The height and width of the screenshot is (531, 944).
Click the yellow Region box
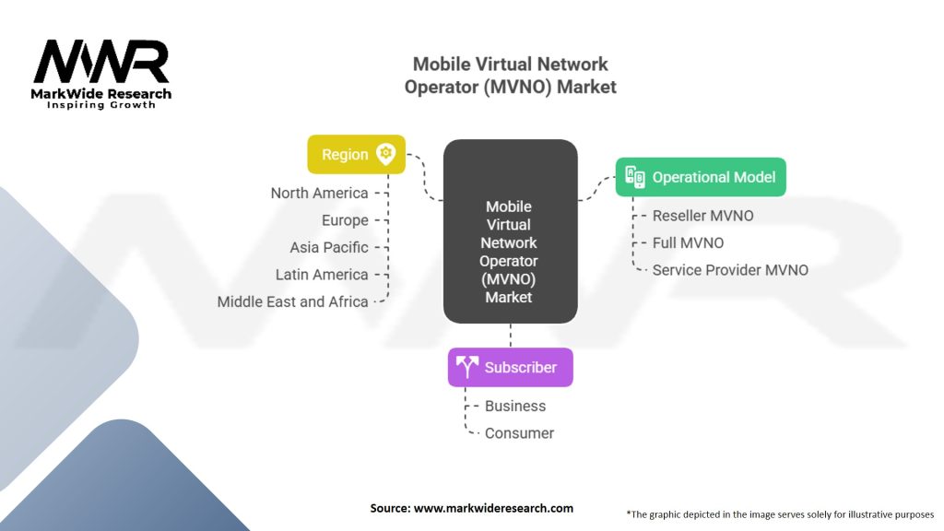pos(356,155)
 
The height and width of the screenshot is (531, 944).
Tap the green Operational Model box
pos(701,177)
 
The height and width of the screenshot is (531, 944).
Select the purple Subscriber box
pos(510,367)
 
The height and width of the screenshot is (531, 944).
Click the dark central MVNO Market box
pos(510,232)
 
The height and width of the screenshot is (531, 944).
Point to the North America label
pos(319,194)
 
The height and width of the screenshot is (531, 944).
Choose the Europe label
pos(345,220)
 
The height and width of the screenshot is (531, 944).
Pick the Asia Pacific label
pos(328,247)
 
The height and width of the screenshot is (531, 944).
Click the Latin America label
pos(322,275)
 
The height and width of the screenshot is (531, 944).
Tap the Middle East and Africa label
pos(292,301)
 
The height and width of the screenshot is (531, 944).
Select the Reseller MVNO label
pos(702,216)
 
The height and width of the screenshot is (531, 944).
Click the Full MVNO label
pos(688,242)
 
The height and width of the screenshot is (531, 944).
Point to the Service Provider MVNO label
pos(730,270)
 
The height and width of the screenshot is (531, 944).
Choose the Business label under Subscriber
pos(515,406)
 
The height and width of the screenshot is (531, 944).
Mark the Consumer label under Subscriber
pos(519,433)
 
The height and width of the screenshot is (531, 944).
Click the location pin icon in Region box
pos(385,155)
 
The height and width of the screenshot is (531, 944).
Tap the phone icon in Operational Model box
pos(635,177)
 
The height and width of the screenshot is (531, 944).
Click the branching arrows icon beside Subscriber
pos(467,367)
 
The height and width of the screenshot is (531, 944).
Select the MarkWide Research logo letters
pos(101,63)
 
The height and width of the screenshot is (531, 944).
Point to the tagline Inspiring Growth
pos(101,105)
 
